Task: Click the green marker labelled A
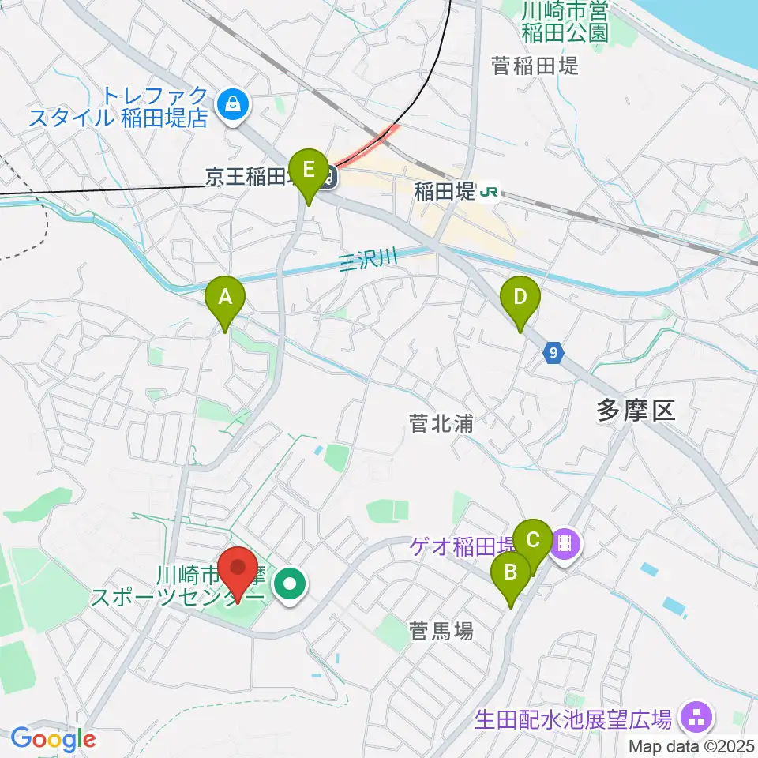pyautogui.click(x=225, y=298)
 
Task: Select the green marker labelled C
pyautogui.click(x=533, y=541)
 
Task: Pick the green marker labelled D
pyautogui.click(x=520, y=298)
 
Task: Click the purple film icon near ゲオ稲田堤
pyautogui.click(x=566, y=542)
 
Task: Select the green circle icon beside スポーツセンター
pyautogui.click(x=290, y=585)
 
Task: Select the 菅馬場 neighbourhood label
pyautogui.click(x=441, y=630)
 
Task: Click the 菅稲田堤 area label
pyautogui.click(x=535, y=65)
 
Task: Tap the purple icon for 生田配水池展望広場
pyautogui.click(x=696, y=718)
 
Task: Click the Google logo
pyautogui.click(x=54, y=740)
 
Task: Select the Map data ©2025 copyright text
pyautogui.click(x=692, y=745)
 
